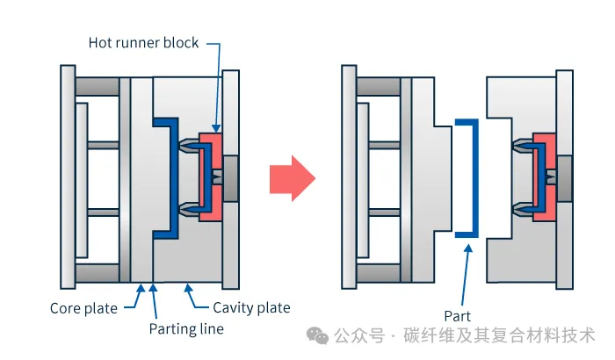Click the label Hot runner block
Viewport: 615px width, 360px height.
click(144, 42)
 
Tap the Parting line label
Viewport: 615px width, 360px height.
click(185, 329)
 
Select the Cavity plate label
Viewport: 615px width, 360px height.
click(251, 308)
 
